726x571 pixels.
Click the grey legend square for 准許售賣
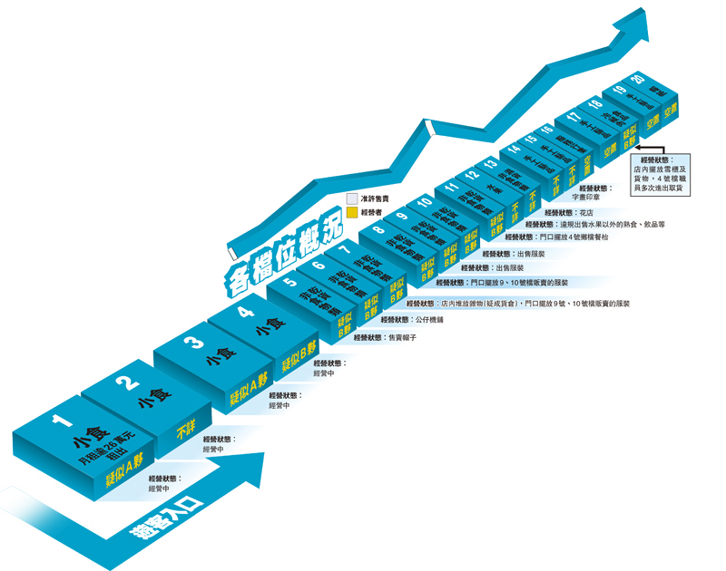352,197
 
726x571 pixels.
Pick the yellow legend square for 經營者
352,211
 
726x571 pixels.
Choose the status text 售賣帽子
402,336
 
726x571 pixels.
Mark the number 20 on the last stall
641,80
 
